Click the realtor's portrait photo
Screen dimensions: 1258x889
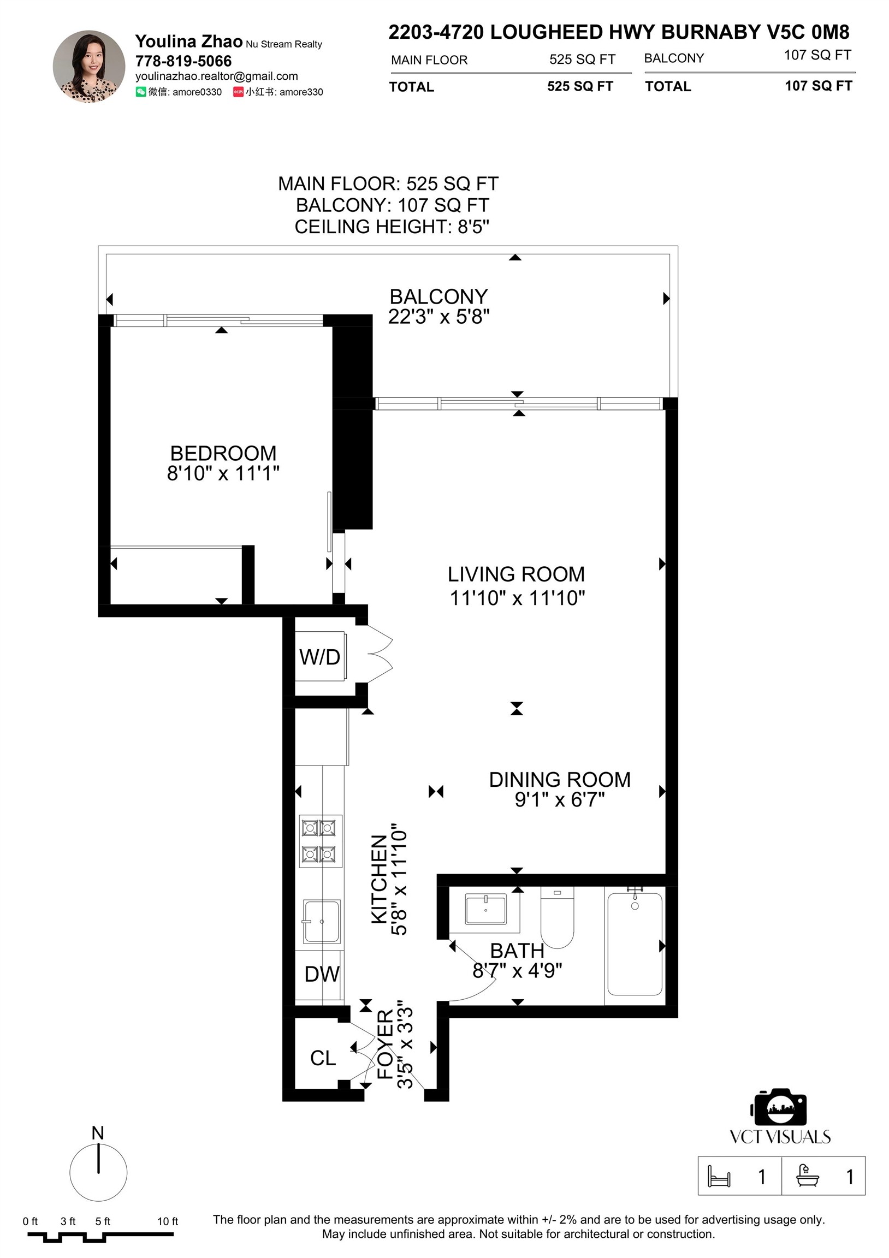(89, 66)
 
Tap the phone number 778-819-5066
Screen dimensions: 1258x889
(183, 61)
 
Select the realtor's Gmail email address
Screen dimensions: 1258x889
(216, 76)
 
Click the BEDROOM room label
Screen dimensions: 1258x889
(223, 454)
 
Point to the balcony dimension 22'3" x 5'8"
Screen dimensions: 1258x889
(438, 317)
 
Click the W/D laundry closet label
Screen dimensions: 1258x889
(319, 657)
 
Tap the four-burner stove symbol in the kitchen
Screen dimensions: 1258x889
(321, 841)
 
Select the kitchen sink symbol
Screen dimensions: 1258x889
(321, 922)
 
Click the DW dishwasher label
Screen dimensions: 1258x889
(322, 974)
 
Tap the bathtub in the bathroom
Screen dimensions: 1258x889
(635, 943)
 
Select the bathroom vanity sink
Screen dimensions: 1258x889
(485, 909)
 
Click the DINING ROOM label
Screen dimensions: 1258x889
(559, 780)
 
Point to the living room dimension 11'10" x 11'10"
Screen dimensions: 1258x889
(517, 598)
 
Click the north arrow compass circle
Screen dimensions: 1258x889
(99, 1172)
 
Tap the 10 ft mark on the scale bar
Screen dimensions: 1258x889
(168, 1221)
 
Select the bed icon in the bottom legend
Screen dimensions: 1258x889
(719, 1176)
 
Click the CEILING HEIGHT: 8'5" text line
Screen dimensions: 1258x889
(392, 226)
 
